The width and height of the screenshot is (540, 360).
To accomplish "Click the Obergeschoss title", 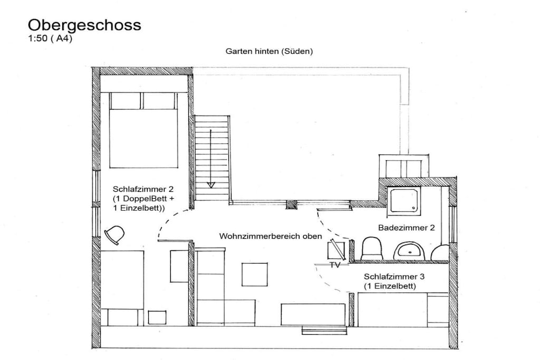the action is [84, 25].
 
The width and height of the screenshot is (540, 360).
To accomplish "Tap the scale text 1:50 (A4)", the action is [50, 38].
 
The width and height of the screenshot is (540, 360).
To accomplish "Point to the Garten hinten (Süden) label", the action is [269, 51].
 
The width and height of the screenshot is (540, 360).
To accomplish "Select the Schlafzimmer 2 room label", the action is [143, 189].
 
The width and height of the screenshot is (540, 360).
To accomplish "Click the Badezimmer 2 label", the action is [407, 228].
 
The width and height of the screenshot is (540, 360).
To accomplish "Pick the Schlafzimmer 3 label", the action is [394, 276].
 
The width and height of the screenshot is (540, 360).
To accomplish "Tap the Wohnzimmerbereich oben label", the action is [271, 236].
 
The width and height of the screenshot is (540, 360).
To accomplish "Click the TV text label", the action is [335, 265].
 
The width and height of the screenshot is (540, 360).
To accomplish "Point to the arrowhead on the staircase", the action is [211, 185].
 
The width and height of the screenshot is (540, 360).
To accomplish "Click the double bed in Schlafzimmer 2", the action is [143, 130].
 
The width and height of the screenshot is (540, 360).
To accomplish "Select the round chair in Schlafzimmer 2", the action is [114, 235].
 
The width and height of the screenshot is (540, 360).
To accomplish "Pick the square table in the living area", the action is [255, 275].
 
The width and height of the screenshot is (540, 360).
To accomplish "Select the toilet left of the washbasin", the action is [372, 248].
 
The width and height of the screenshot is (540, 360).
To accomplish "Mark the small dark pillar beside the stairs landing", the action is [292, 205].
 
